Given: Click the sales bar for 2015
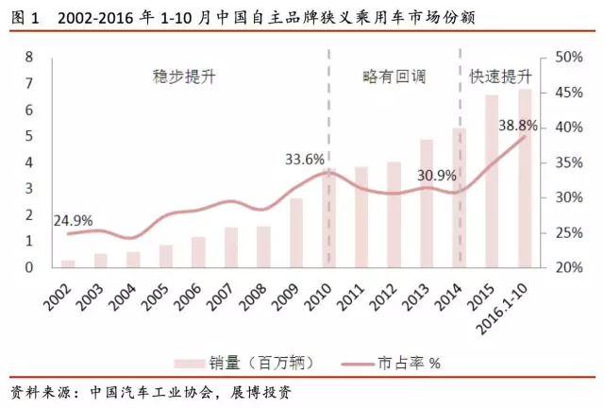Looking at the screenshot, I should click(x=492, y=180).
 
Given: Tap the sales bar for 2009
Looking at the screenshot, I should click(x=296, y=232).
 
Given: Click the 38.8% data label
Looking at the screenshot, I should click(x=518, y=125).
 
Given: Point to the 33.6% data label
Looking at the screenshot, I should click(x=304, y=159).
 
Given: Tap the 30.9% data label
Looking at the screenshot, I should click(x=436, y=175).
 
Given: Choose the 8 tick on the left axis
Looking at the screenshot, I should click(x=30, y=57).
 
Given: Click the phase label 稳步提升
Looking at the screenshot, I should click(x=184, y=76).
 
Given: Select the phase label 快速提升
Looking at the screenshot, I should click(x=500, y=76).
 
